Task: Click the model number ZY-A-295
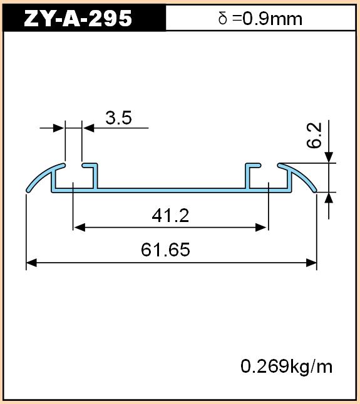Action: tap(78, 19)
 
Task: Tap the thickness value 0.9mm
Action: tap(272, 19)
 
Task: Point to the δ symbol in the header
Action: tap(223, 19)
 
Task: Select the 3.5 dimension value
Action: tap(118, 118)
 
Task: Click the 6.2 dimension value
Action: tap(314, 135)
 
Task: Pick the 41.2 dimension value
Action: tap(170, 216)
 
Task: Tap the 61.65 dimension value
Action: tap(165, 250)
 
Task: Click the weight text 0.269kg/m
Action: tap(286, 366)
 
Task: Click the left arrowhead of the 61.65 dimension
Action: tap(31, 263)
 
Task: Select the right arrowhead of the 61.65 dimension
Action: tap(311, 263)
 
